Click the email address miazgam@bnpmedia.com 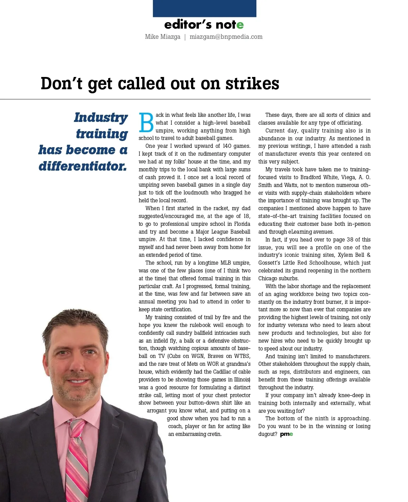point(226,37)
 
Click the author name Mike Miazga point(163,37)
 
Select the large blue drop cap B point(146,123)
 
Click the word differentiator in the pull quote point(83,166)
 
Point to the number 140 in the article point(227,146)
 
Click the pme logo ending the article point(286,434)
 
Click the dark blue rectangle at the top point(204,9)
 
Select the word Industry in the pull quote point(101,117)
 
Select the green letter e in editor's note point(240,25)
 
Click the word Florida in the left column point(242,224)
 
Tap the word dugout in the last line point(268,434)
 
